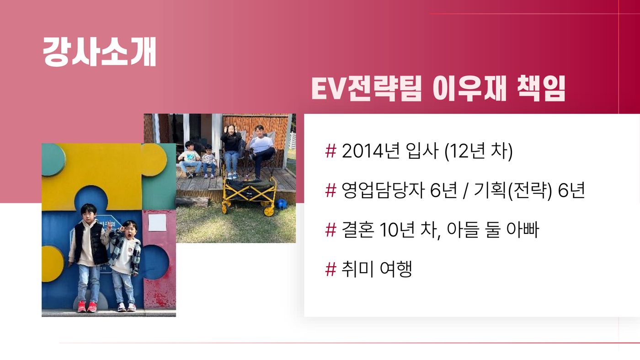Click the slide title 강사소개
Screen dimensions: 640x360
(100, 52)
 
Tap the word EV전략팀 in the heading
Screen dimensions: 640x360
(367, 89)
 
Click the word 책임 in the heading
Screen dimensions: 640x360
(541, 89)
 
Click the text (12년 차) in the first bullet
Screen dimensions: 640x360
(479, 151)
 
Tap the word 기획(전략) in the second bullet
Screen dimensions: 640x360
(512, 190)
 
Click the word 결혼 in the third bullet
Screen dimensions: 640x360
(357, 230)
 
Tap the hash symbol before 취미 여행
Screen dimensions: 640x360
(331, 269)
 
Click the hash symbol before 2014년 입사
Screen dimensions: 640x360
(331, 151)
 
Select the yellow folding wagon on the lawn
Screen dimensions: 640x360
(250, 195)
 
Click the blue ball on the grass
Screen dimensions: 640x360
(281, 204)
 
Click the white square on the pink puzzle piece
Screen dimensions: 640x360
(157, 222)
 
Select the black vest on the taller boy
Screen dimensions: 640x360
(90, 243)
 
